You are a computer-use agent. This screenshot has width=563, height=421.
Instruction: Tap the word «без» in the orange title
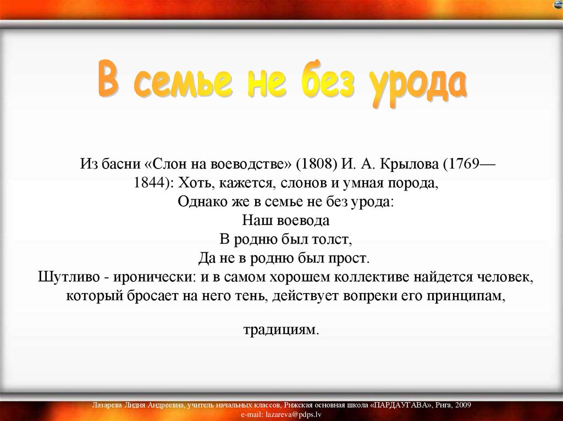point(328,80)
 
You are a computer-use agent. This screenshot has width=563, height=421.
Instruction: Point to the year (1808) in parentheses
point(317,164)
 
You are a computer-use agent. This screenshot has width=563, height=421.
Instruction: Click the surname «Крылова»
point(409,164)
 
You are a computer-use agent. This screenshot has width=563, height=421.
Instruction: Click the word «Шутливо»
point(74,277)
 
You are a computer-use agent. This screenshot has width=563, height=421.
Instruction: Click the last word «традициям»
point(281,329)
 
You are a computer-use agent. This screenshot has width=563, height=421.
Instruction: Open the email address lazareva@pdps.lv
point(294,414)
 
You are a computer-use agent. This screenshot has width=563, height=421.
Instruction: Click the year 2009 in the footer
point(463,405)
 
